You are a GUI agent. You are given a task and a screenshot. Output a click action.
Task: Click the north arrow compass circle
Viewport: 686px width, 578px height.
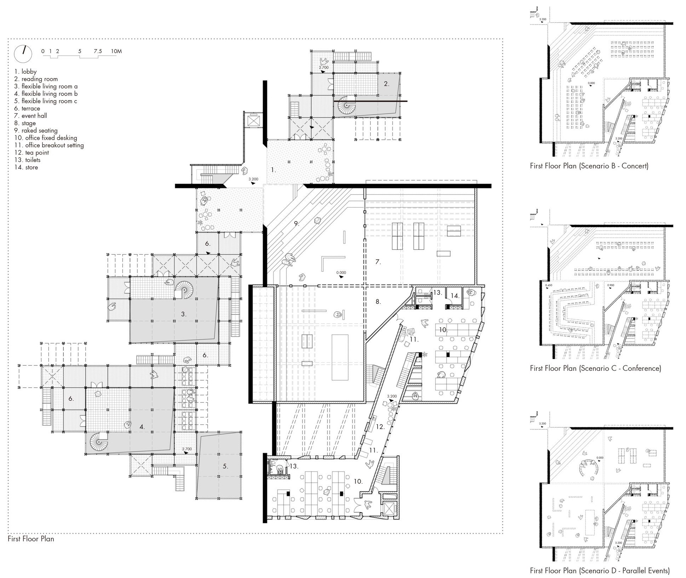click(23, 54)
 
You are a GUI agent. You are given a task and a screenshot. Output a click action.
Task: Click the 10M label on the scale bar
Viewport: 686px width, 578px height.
click(116, 51)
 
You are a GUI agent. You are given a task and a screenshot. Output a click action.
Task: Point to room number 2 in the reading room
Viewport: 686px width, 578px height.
click(386, 84)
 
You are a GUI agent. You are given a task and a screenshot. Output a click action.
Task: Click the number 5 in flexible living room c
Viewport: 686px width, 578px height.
click(225, 466)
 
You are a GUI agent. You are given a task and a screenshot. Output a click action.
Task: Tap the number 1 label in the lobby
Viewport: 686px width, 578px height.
click(273, 170)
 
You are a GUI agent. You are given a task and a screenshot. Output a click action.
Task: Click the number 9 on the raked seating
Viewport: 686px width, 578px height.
click(296, 223)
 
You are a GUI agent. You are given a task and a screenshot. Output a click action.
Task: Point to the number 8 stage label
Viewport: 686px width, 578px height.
click(378, 301)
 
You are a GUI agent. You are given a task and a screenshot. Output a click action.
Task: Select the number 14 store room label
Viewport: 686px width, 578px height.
click(454, 295)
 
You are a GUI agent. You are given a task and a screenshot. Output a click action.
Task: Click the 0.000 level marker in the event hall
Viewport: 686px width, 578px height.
click(341, 273)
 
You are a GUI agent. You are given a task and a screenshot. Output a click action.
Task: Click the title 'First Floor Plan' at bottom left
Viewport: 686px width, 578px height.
click(31, 539)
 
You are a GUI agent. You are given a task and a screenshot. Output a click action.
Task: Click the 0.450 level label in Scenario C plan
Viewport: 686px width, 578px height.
click(548, 285)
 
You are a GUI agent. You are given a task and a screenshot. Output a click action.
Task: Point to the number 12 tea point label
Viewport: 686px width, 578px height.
click(380, 427)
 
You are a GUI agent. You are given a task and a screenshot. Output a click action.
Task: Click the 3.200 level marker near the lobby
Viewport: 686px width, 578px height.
click(253, 179)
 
